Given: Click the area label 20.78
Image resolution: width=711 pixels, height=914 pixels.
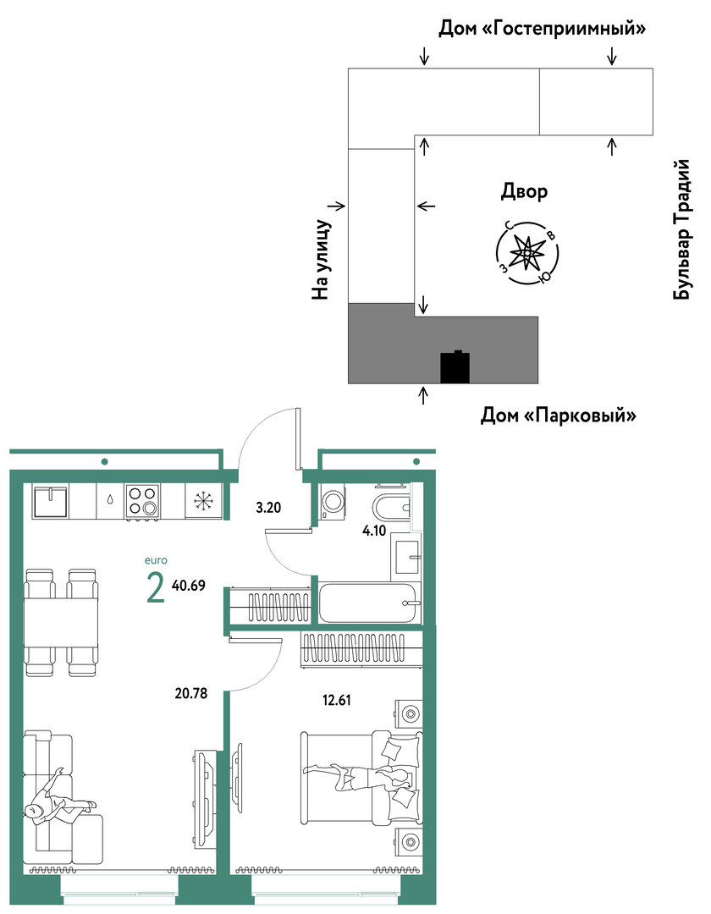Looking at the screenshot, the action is [191, 693].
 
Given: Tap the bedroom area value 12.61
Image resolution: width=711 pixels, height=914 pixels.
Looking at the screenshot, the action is [337, 700].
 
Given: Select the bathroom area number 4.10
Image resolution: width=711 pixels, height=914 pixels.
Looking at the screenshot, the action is [374, 531].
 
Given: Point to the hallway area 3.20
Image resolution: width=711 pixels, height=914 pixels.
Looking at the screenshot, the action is [268, 508].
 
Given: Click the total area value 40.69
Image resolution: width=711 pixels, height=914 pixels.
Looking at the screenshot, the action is [189, 586].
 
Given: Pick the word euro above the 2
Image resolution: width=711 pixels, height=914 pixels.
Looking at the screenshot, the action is [156, 561].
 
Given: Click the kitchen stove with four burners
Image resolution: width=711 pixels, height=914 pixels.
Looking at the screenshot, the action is [142, 501].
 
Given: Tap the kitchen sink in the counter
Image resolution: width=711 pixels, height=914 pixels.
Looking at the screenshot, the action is [50, 502].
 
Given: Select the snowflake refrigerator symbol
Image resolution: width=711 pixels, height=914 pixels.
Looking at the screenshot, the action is [204, 501].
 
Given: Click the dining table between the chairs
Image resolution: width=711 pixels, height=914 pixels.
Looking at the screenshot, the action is [61, 621].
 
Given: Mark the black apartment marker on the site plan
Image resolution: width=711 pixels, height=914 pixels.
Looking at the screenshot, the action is [455, 366].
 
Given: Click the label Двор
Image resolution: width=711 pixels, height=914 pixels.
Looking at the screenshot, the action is [524, 191].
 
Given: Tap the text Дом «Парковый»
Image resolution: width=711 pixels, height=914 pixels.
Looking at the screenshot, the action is [558, 416].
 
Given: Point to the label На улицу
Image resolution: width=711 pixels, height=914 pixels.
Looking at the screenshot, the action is [321, 260].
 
